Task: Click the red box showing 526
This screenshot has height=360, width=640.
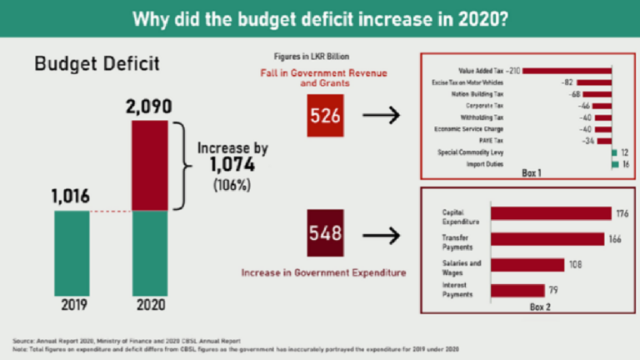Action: point(325,116)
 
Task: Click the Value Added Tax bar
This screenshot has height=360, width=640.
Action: point(568,71)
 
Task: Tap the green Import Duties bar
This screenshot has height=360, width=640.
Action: point(614,165)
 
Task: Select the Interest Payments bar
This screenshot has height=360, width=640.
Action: point(517,291)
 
